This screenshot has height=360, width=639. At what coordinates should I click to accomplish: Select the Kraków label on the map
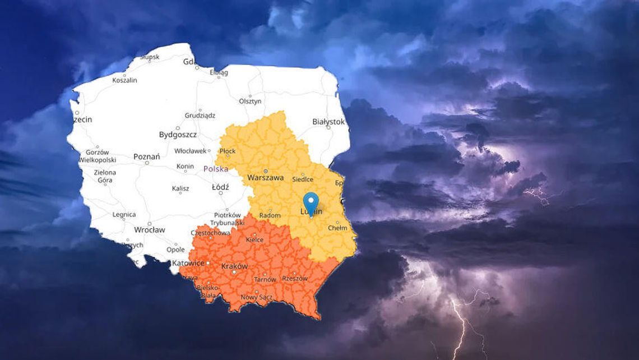point(235,266)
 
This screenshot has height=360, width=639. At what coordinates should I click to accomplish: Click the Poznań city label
point(146,156)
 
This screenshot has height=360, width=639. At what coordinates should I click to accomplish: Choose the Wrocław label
point(149,229)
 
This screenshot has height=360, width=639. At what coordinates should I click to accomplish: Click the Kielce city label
point(255,239)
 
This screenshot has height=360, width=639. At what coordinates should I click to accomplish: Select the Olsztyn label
point(250,101)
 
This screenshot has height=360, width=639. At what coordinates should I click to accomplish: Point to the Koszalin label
point(124,80)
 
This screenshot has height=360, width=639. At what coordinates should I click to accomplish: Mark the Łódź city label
point(220,187)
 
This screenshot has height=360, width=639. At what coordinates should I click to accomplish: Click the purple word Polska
point(216,168)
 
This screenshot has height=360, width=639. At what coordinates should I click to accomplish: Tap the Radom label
point(270,215)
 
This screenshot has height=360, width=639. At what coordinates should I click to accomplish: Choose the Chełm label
point(337,228)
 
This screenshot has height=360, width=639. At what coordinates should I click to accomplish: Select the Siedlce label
point(303,180)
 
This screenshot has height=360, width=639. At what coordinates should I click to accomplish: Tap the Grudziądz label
point(200,116)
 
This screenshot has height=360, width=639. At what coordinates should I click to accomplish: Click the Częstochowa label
point(210,232)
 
